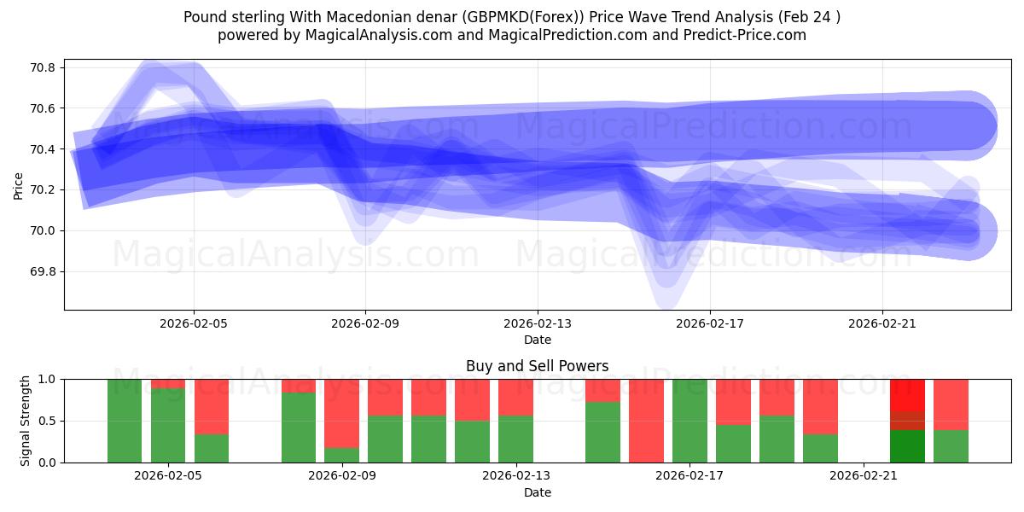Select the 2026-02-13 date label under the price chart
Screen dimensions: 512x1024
537,324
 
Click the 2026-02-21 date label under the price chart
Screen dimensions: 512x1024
881,324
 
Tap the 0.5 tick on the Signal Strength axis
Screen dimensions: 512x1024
47,421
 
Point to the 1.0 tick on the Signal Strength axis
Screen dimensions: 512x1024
47,379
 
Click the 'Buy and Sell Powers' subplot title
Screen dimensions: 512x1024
537,366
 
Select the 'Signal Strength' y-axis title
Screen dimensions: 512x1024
26,421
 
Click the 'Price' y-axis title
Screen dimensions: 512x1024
19,184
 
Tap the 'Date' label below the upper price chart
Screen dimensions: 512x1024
537,340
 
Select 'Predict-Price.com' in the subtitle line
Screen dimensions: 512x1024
741,35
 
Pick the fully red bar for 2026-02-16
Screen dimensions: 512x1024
646,421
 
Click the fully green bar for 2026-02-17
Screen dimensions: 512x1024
689,421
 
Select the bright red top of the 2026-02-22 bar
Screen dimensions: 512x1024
907,395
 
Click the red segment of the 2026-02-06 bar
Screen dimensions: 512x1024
212,406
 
